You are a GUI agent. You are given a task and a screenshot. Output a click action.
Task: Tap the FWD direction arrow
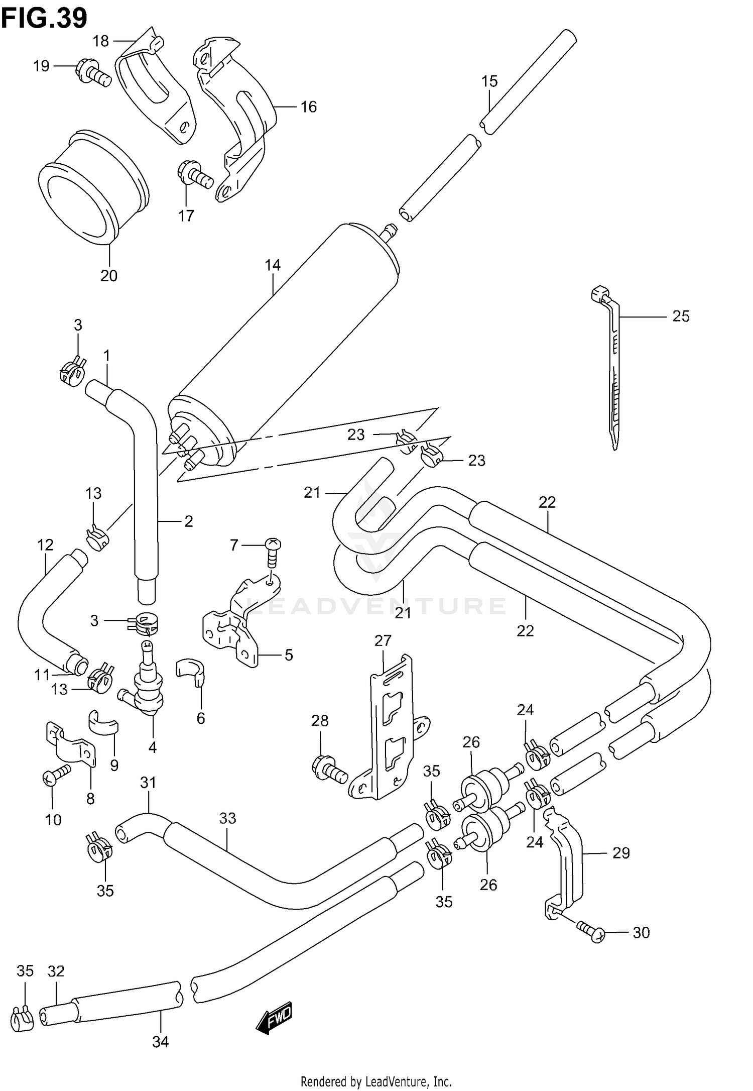coord(274,1018)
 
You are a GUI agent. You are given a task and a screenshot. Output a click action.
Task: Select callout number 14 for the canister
coord(273,265)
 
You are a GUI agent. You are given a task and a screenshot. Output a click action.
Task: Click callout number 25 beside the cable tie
coord(681,316)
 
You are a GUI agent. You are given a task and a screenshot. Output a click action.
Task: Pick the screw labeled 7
coord(272,553)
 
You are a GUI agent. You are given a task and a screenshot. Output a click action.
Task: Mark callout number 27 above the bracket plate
coord(383,641)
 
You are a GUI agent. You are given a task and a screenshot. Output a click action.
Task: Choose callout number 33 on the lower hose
coord(227,818)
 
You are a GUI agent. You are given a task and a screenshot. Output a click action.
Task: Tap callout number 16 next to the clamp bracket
coord(309,106)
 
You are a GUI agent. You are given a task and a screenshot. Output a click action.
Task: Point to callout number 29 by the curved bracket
coord(621,853)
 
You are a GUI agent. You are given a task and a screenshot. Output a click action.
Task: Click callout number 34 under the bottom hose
coord(160,1042)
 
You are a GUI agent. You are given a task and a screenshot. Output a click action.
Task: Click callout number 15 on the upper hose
coord(489,81)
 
